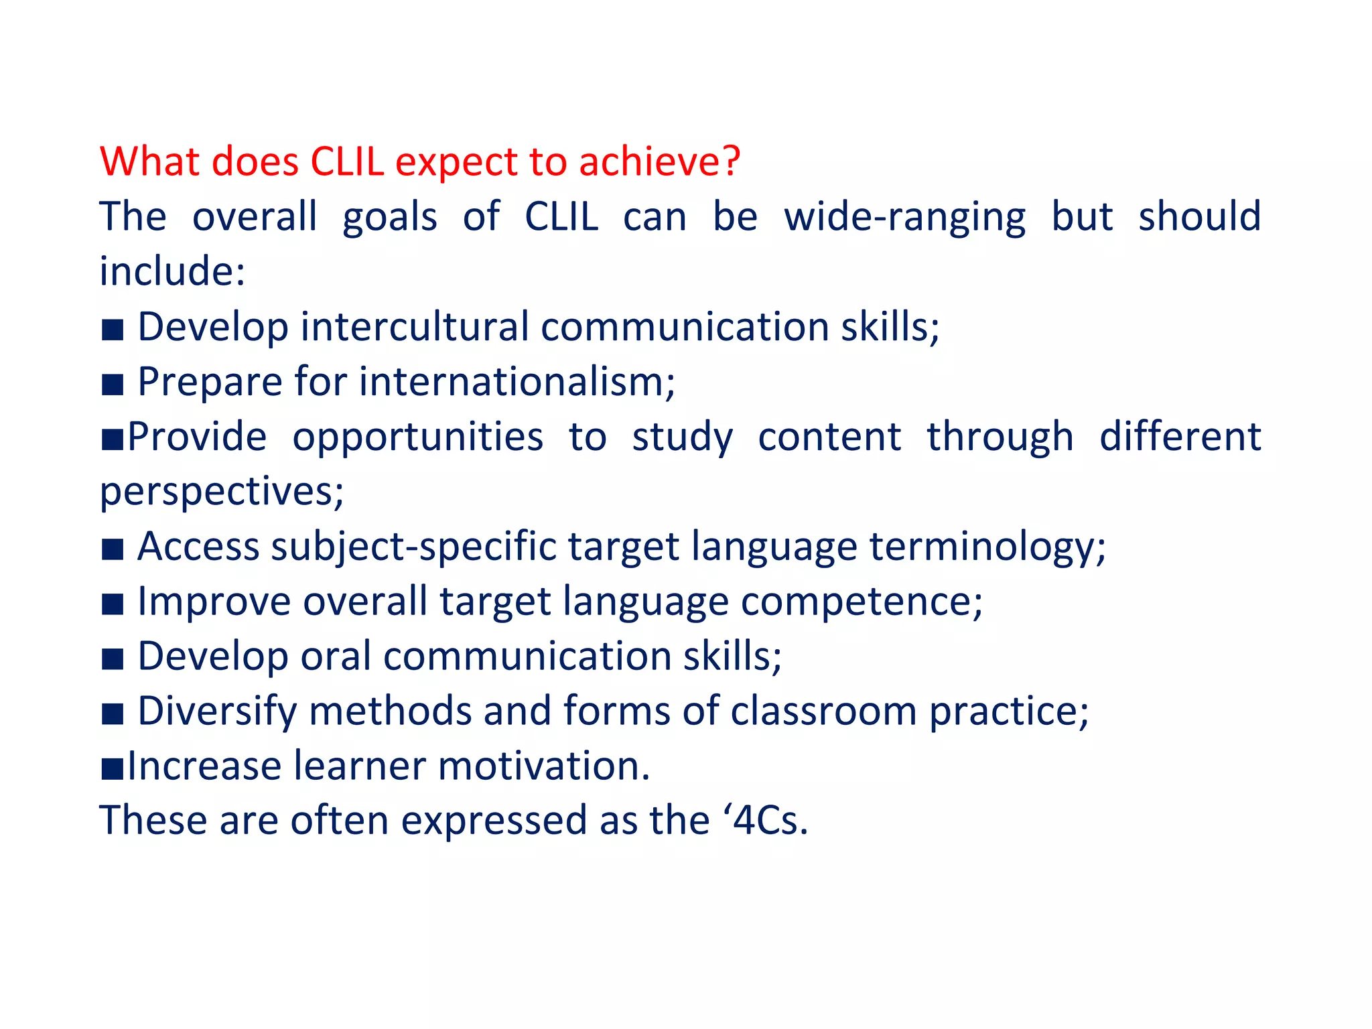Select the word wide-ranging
(x=904, y=218)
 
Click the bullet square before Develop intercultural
(x=113, y=330)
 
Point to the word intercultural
(x=415, y=327)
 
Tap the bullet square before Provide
(x=112, y=439)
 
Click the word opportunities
(x=418, y=438)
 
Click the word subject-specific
(x=413, y=547)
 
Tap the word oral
(x=336, y=656)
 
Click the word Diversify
(x=217, y=711)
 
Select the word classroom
(x=823, y=711)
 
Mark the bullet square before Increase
(x=112, y=769)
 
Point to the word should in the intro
(x=1199, y=217)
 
